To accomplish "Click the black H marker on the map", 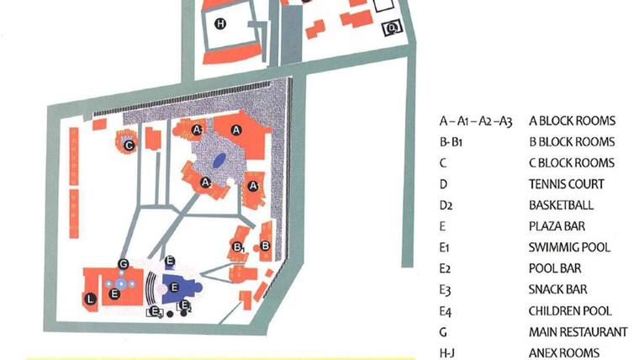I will point(220,24).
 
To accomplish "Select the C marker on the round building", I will point(129,145).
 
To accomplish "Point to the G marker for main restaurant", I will point(123,264).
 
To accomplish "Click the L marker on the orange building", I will point(91,297).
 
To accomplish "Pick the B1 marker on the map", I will point(239,247).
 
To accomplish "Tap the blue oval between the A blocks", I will point(218,160).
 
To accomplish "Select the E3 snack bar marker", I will point(155,313).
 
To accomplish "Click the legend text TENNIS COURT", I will point(566,184).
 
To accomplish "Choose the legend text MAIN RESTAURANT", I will point(578,332).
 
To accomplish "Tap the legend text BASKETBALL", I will point(561,205).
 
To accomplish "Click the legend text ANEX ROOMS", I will point(563,353).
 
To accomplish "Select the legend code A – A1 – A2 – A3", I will point(475,121).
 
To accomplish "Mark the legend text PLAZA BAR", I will point(557,226).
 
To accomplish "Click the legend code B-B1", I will point(452,142).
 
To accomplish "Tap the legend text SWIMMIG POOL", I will point(569,247).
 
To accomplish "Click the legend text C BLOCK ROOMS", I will point(571,163).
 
